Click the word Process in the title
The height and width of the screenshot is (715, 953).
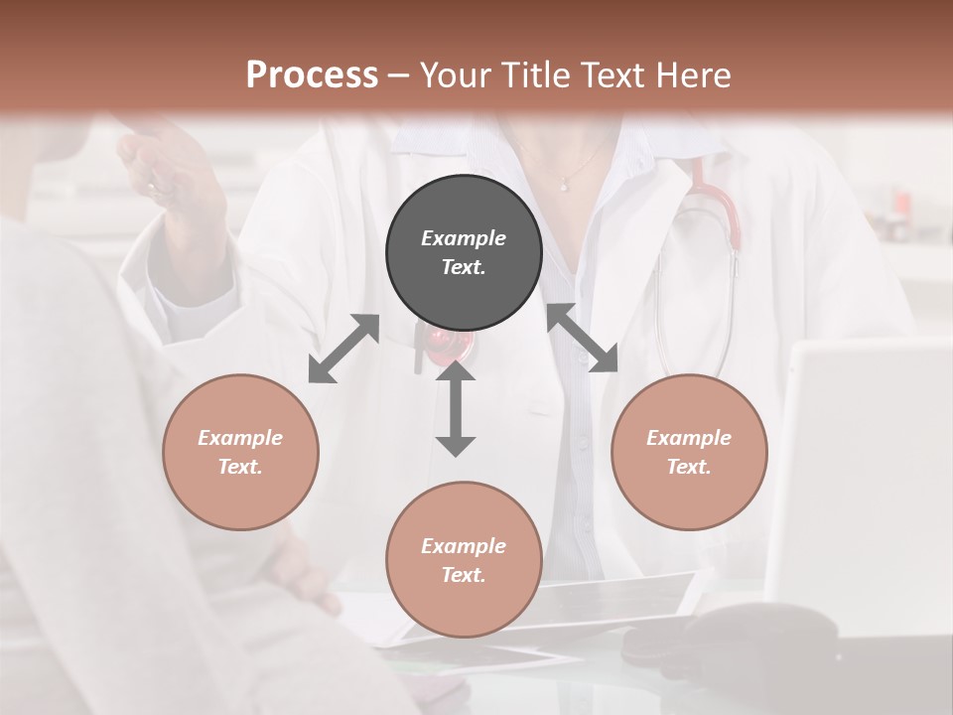click(x=312, y=75)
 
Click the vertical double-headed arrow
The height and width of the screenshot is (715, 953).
click(x=456, y=408)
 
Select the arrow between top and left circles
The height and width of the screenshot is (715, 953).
click(x=343, y=349)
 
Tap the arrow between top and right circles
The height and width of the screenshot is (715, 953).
click(x=583, y=339)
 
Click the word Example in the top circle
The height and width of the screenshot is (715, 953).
click(x=464, y=238)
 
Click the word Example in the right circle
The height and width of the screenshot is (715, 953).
click(x=689, y=438)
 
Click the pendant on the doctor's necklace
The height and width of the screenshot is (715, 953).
click(x=564, y=184)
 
